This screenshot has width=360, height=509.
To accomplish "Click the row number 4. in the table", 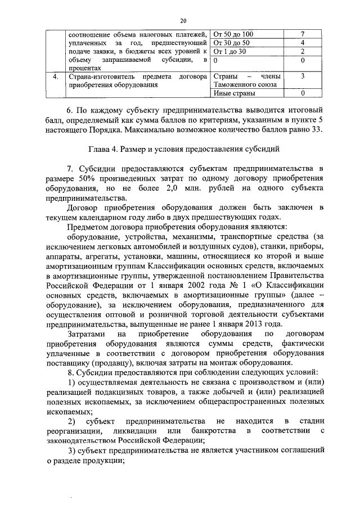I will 55,76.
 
